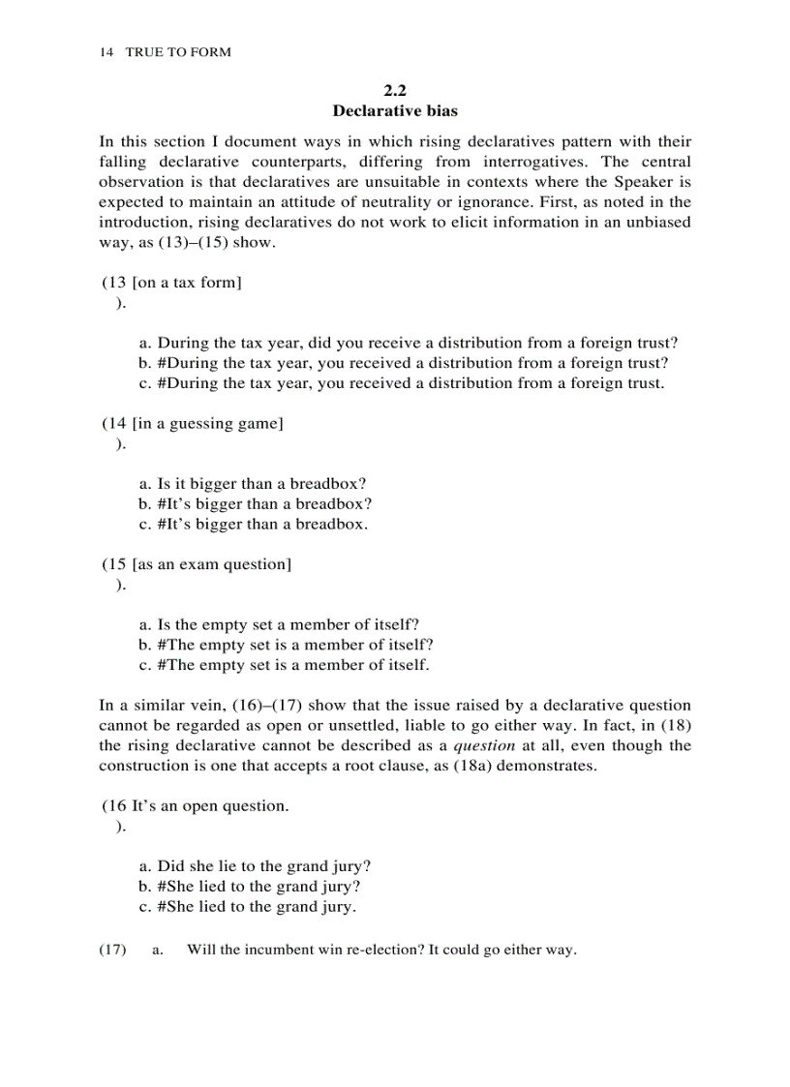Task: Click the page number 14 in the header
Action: click(x=106, y=52)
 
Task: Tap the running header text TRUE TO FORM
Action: click(x=178, y=52)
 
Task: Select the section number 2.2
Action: click(x=395, y=91)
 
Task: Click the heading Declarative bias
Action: click(x=395, y=111)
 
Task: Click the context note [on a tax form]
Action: click(x=187, y=283)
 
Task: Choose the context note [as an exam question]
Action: click(x=211, y=564)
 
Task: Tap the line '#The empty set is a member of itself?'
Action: click(x=286, y=645)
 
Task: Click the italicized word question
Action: click(x=484, y=745)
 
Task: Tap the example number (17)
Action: click(x=112, y=950)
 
